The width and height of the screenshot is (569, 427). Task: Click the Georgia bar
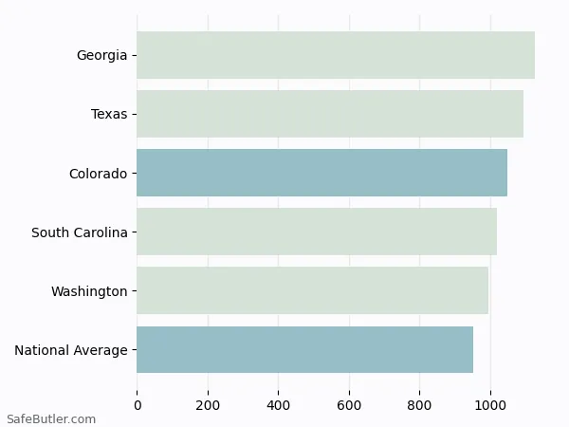pyautogui.click(x=336, y=55)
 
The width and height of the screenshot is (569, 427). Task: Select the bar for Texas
pyautogui.click(x=330, y=114)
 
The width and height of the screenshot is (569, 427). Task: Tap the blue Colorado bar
pyautogui.click(x=321, y=173)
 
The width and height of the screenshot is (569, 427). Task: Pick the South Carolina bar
pyautogui.click(x=317, y=232)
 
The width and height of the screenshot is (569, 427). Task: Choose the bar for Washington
pyautogui.click(x=312, y=290)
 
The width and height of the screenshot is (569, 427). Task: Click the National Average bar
pyautogui.click(x=304, y=349)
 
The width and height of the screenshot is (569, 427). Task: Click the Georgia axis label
pyautogui.click(x=101, y=56)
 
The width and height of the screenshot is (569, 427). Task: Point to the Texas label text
pyautogui.click(x=109, y=115)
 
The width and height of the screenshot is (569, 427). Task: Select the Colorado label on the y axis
pyautogui.click(x=98, y=174)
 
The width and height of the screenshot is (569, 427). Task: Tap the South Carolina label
pyautogui.click(x=80, y=232)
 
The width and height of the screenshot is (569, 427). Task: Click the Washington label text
pyautogui.click(x=89, y=291)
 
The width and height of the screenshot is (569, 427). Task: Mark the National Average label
pyautogui.click(x=71, y=350)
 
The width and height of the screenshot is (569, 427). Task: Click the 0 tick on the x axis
pyautogui.click(x=138, y=405)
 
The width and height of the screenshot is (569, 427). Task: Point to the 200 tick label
pyautogui.click(x=208, y=405)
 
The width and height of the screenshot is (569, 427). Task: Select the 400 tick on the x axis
pyautogui.click(x=279, y=405)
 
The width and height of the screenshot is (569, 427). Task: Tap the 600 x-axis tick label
pyautogui.click(x=349, y=405)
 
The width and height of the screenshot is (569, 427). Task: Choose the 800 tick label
pyautogui.click(x=420, y=405)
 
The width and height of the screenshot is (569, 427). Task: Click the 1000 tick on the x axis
pyautogui.click(x=490, y=405)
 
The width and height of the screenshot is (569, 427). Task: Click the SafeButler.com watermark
pyautogui.click(x=51, y=418)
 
